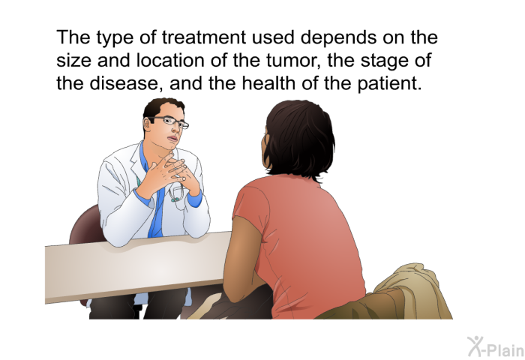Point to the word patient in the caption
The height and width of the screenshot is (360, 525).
point(388,83)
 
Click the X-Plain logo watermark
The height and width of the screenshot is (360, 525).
point(496,346)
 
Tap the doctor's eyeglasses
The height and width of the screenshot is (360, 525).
point(169,121)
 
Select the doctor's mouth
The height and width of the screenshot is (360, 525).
point(172,138)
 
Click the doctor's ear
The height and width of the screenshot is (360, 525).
point(147,124)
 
